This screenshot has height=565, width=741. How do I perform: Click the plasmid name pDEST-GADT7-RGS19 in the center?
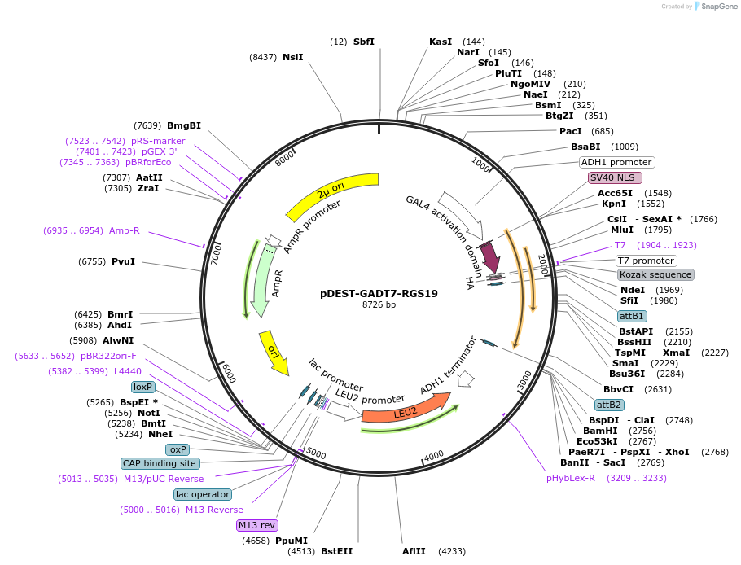pyautogui.click(x=379, y=293)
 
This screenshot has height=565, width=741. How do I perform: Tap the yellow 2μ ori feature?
pyautogui.click(x=332, y=196)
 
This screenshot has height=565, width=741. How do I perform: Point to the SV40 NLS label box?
pyautogui.click(x=615, y=177)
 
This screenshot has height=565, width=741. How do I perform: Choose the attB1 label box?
pyautogui.click(x=632, y=316)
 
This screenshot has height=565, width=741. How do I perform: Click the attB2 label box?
pyautogui.click(x=609, y=405)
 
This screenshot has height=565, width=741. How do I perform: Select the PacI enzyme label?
pyautogui.click(x=570, y=131)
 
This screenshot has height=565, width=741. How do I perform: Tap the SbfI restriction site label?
pyautogui.click(x=364, y=42)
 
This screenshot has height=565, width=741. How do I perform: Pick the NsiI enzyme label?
pyautogui.click(x=292, y=57)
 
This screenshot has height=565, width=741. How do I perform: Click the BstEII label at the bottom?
pyautogui.click(x=336, y=551)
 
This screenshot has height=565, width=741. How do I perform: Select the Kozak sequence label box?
pyautogui.click(x=655, y=274)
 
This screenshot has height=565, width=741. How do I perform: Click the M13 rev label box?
pyautogui.click(x=257, y=525)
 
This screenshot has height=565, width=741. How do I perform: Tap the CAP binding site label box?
pyautogui.click(x=160, y=463)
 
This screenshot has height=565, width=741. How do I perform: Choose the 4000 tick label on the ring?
pyautogui.click(x=434, y=454)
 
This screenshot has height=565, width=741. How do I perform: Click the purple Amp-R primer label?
pyautogui.click(x=125, y=230)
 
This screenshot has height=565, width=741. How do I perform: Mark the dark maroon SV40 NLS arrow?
pyautogui.click(x=490, y=257)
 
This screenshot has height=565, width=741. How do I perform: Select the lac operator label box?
pyautogui.click(x=202, y=494)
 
